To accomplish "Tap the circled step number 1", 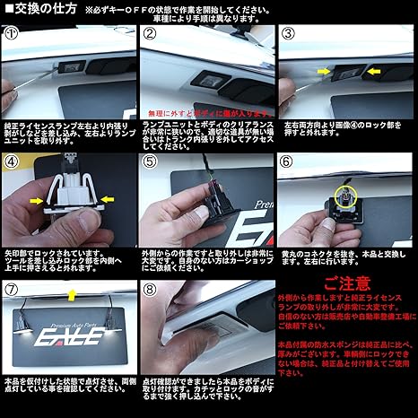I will point(12,34).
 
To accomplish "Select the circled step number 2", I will point(151,34).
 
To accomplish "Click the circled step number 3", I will point(289,34).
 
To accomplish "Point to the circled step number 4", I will point(12,163).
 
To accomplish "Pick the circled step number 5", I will point(151,163).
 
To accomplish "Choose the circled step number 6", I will point(289,163).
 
